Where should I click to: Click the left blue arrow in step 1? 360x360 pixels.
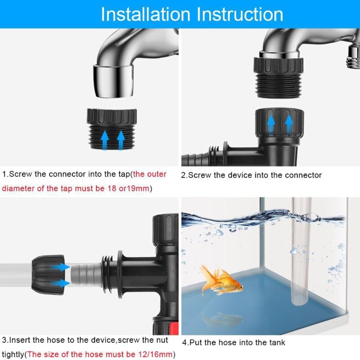coord(104,139)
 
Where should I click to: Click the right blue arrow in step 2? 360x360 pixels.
coord(289,124)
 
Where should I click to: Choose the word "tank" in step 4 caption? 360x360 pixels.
coord(276,343)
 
